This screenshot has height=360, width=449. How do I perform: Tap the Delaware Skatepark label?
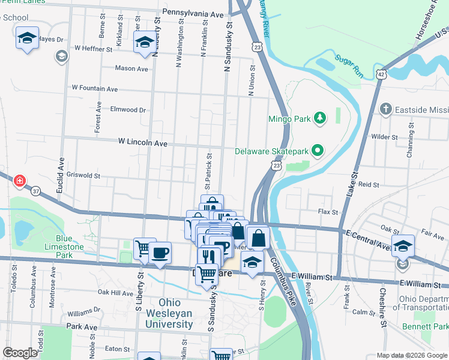pyautogui.click(x=274, y=151)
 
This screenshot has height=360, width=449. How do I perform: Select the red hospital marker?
pyautogui.click(x=19, y=181)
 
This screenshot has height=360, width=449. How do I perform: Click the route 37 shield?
pyautogui.click(x=37, y=191)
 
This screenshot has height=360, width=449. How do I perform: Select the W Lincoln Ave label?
pyautogui.click(x=143, y=143)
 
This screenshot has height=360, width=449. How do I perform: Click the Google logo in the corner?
pyautogui.click(x=20, y=353)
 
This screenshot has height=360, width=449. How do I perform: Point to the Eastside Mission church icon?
pyautogui.click(x=387, y=109)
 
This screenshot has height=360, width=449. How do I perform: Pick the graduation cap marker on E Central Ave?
pyautogui.click(x=403, y=245)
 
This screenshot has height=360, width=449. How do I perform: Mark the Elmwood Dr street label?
pyautogui.click(x=128, y=110)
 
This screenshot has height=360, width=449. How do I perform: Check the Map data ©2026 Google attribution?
pyautogui.click(x=412, y=355)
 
